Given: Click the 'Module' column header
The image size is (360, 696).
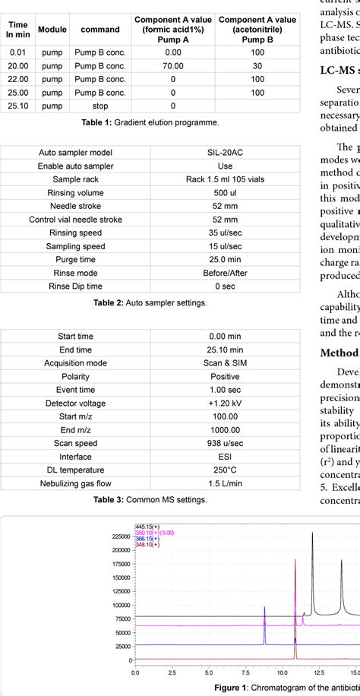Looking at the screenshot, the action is tap(52, 29).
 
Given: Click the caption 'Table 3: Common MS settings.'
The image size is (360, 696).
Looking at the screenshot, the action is tap(150, 500).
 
